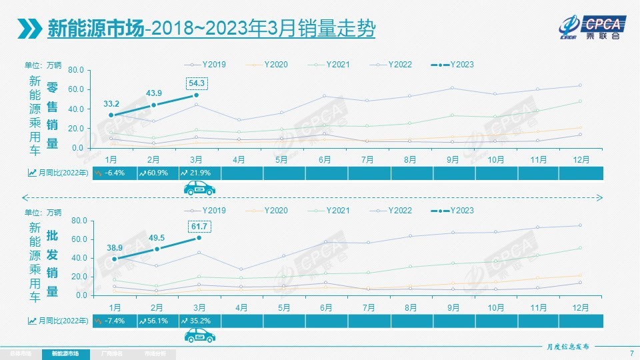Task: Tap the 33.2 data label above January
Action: pyautogui.click(x=111, y=104)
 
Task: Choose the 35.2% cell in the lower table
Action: pyautogui.click(x=199, y=321)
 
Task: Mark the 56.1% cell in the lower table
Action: pyautogui.click(x=157, y=321)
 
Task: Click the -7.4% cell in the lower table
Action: pyautogui.click(x=114, y=321)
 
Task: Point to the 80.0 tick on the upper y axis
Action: pyautogui.click(x=75, y=70)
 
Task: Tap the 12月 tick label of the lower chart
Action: pyautogui.click(x=580, y=307)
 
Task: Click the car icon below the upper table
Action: pyautogui.click(x=199, y=189)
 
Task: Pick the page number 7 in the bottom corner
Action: pyautogui.click(x=631, y=353)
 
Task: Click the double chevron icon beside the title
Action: pyautogui.click(x=29, y=29)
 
